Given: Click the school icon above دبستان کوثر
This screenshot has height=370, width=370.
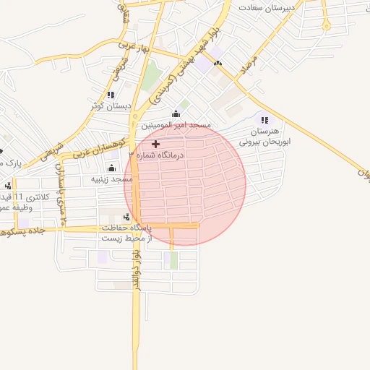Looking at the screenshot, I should click(x=111, y=95).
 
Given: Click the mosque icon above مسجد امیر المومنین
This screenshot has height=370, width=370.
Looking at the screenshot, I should click(x=176, y=114).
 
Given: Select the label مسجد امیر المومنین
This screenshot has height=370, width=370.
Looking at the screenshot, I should click(x=176, y=125).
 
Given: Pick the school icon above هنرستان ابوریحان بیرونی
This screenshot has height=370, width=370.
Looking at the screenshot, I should click(x=264, y=120).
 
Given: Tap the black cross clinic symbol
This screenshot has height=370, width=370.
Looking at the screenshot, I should click(x=155, y=145).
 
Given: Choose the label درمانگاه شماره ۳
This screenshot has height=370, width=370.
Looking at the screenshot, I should click(x=157, y=155).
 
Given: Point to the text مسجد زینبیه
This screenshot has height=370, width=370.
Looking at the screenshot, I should click(x=111, y=178).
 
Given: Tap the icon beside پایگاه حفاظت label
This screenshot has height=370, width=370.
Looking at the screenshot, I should click(x=127, y=216).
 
